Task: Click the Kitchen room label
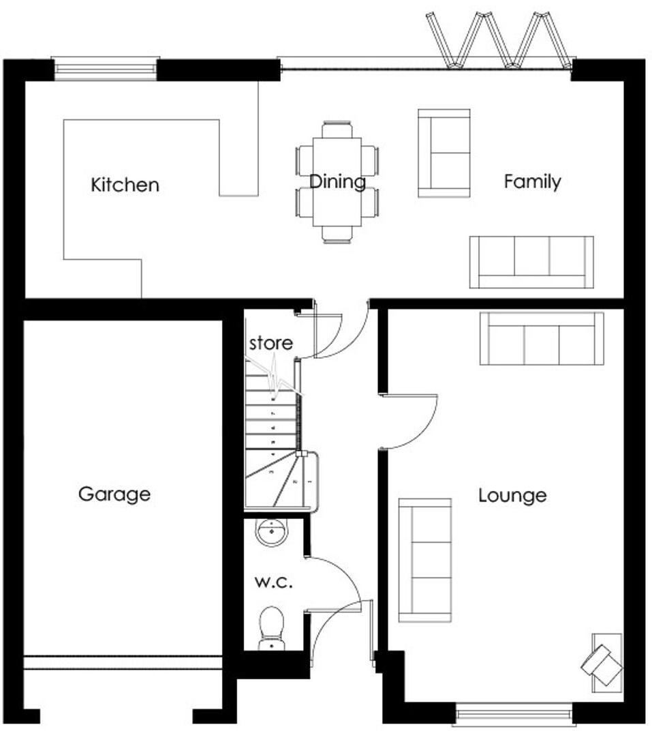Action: click(125, 185)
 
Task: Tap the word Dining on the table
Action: click(337, 182)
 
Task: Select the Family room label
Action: click(532, 181)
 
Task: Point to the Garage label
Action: click(114, 494)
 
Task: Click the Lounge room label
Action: click(512, 495)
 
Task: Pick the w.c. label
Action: click(273, 582)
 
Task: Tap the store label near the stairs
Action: click(270, 343)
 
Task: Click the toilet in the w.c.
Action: click(272, 626)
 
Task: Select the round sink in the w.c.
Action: click(273, 532)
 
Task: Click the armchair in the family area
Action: click(444, 153)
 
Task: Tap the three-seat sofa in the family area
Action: click(531, 262)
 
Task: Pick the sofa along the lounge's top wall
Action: click(542, 338)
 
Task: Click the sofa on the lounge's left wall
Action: click(425, 560)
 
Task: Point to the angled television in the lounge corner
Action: click(602, 661)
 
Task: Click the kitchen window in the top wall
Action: click(105, 69)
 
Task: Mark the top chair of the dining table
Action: click(337, 130)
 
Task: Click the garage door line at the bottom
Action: click(123, 663)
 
